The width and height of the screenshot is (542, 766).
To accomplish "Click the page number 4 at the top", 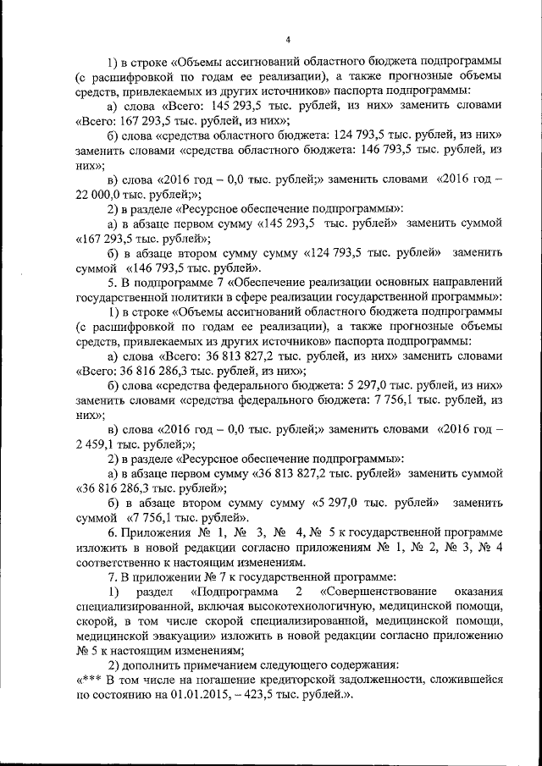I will [x=289, y=40].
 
